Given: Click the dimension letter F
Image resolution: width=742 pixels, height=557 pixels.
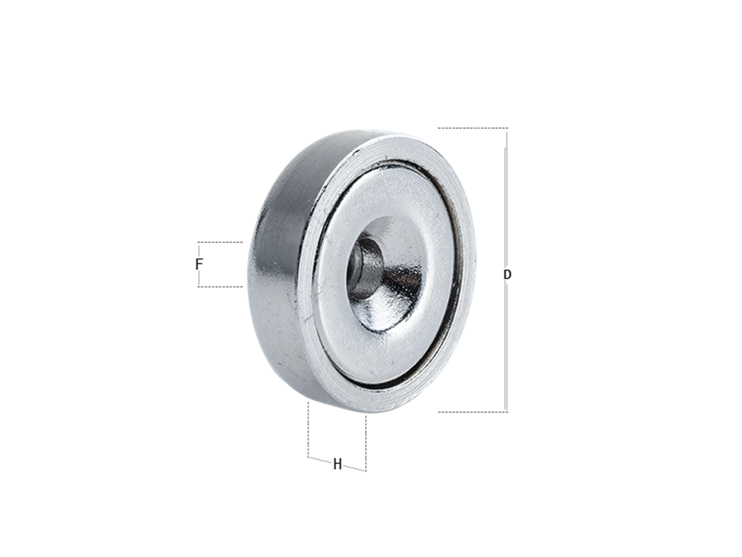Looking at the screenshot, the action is point(199,264).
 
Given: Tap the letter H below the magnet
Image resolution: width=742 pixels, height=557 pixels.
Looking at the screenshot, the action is point(338,464).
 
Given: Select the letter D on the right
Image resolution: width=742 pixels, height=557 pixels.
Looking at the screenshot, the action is point(507,275).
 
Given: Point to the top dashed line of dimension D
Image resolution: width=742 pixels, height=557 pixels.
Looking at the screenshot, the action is point(472,128).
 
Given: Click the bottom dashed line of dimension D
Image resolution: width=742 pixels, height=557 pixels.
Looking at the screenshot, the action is point(472,412).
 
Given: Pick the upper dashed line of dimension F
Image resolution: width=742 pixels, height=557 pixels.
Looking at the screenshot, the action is point(220,242).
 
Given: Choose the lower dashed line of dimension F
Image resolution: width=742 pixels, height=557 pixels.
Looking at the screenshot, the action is point(220,286).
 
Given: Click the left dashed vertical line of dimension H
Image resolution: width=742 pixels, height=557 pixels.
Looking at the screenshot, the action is point(309,429).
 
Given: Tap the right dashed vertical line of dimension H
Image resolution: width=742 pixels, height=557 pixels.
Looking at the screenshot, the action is point(366,443).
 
